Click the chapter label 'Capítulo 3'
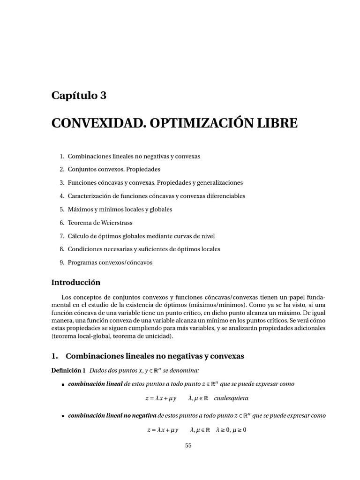(x=79, y=96)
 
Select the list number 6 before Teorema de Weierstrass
(x=61, y=223)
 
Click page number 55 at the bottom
(x=188, y=445)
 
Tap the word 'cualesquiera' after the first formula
(x=231, y=398)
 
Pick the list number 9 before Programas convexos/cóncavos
(x=61, y=262)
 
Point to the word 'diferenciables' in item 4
(x=223, y=196)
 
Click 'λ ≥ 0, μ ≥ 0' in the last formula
(x=231, y=429)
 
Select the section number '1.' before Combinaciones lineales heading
(x=55, y=356)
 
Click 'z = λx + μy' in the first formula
(x=161, y=398)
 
